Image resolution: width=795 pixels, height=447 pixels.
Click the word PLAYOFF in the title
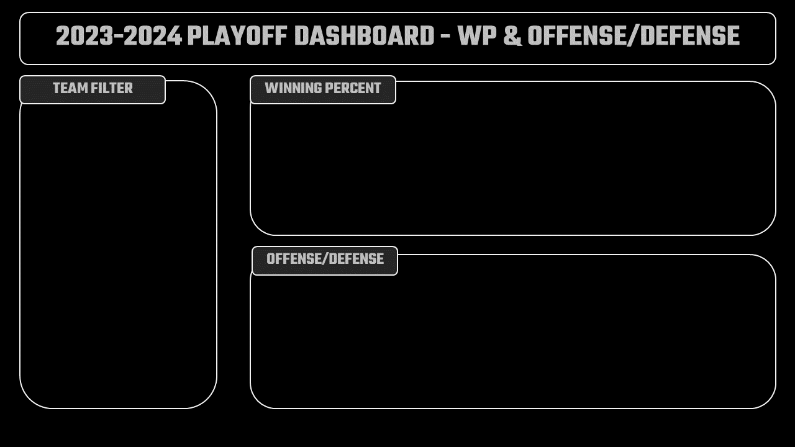tap(237, 36)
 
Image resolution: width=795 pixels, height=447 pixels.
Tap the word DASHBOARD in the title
tap(364, 36)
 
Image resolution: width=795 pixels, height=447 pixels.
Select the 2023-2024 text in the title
tap(119, 36)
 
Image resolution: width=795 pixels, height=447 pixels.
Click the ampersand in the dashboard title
tap(512, 36)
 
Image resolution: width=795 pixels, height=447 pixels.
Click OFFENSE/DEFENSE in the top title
tap(634, 36)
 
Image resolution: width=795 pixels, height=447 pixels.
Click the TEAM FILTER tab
tap(93, 90)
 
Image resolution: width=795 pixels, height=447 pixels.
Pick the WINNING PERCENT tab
tap(323, 90)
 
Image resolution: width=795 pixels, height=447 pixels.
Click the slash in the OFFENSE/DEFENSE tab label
tap(323, 259)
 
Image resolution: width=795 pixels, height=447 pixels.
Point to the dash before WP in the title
tap(446, 37)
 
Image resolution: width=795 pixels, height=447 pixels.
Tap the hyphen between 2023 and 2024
tap(119, 37)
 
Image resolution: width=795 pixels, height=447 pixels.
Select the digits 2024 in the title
tap(153, 36)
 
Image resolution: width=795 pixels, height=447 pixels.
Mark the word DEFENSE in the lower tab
tap(355, 259)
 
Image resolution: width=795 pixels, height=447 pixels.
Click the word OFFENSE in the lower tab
tap(294, 259)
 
